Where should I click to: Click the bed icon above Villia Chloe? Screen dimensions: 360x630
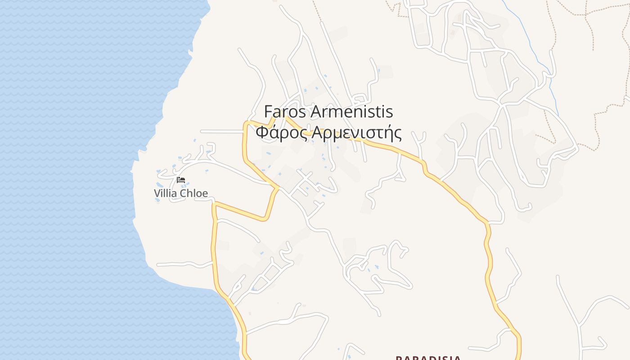[x=181, y=180]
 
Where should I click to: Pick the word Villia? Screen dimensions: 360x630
[x=165, y=193]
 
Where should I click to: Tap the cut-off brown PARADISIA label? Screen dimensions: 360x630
[x=428, y=358]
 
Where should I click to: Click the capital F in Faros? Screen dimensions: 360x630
[x=268, y=111]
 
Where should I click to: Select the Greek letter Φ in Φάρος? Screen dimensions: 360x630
[x=262, y=133]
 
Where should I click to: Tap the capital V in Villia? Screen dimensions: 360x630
[x=157, y=193]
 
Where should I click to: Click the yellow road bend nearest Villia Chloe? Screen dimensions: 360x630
[x=216, y=205]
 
